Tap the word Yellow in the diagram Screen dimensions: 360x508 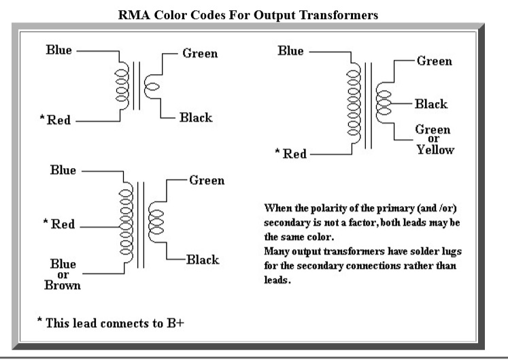[435, 150]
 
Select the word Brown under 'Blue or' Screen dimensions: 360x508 [63, 285]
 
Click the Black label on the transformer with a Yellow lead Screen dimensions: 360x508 [430, 104]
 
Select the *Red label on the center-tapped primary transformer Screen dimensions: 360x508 [59, 224]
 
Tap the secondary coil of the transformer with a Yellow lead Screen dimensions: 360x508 [383, 103]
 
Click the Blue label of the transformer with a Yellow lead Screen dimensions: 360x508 [291, 50]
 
